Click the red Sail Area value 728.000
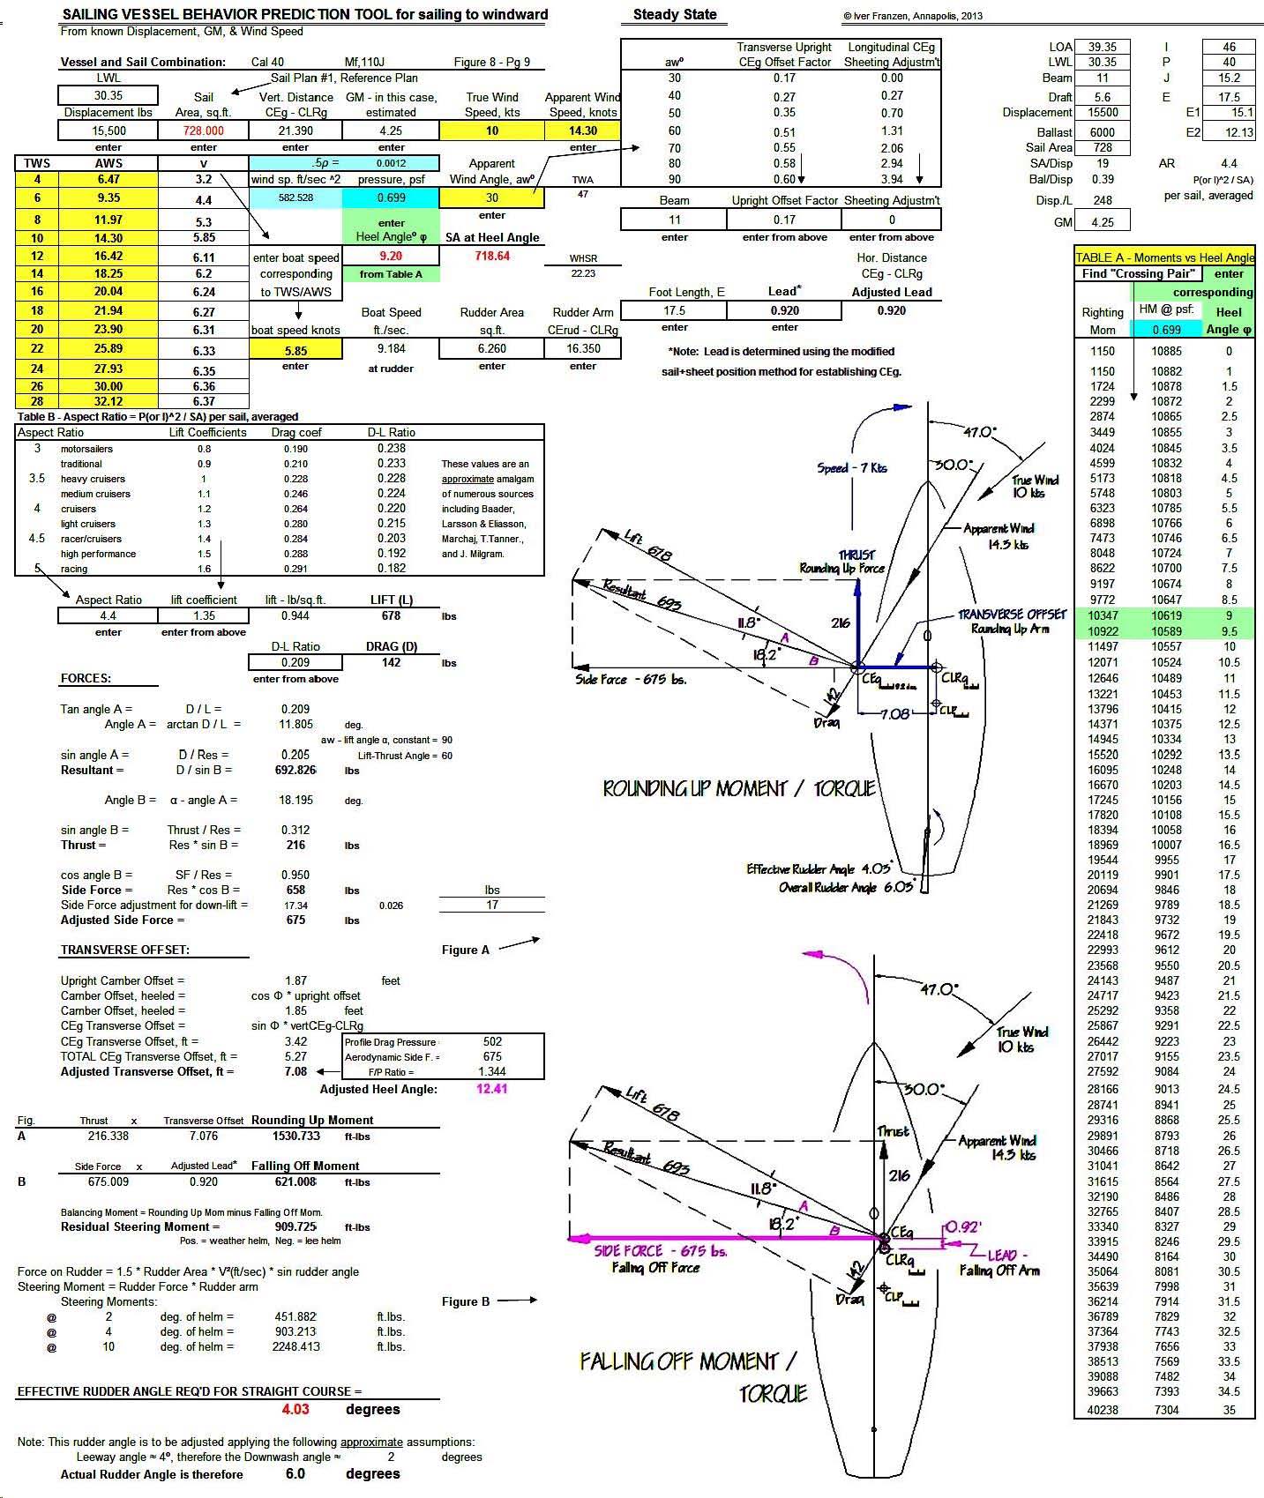(204, 130)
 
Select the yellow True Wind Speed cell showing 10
(492, 130)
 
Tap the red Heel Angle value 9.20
(391, 256)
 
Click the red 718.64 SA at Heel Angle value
(492, 256)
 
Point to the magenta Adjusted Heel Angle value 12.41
(492, 1089)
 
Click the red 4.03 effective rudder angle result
(295, 1409)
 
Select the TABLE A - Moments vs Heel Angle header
(1164, 257)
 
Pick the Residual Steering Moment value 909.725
(295, 1226)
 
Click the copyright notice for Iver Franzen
(912, 16)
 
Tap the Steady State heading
(675, 15)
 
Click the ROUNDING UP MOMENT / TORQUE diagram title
(738, 788)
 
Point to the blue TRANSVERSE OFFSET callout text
(1013, 615)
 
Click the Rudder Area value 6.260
(492, 348)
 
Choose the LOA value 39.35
(1103, 48)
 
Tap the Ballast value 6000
(1103, 132)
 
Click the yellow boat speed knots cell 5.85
(295, 349)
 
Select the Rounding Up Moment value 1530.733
(295, 1137)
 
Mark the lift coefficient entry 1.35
(204, 615)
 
